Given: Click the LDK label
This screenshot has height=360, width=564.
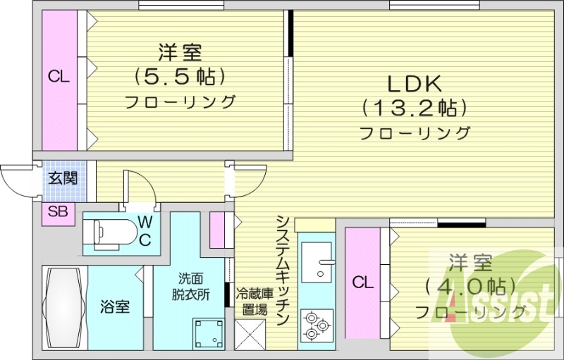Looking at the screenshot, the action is point(415,85).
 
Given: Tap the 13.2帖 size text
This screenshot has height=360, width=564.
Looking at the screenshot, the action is point(415,108).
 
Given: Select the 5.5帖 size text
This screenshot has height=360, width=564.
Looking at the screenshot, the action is point(180,77).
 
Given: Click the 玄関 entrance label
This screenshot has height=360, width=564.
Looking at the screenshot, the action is point(63,178).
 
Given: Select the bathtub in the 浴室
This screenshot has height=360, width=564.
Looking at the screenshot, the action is point(65,308).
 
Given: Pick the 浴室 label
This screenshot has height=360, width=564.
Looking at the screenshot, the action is point(115,308).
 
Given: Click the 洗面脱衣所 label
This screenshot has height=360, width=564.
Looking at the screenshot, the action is point(190,286).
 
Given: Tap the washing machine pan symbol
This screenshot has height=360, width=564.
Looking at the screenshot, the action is point(208,334).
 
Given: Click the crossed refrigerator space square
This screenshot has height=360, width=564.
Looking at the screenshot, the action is point(250,335).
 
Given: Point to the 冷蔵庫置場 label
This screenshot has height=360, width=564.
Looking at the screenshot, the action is point(255,301).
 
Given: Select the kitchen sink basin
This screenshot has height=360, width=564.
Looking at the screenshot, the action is point(317,262).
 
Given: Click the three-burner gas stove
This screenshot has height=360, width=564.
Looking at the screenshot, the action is point(317,325).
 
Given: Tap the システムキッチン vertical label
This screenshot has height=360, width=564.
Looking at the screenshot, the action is point(283,271).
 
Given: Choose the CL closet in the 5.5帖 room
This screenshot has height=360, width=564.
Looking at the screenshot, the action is point(60,80).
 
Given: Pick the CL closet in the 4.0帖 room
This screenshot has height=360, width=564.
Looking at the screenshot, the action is point(362,283).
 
